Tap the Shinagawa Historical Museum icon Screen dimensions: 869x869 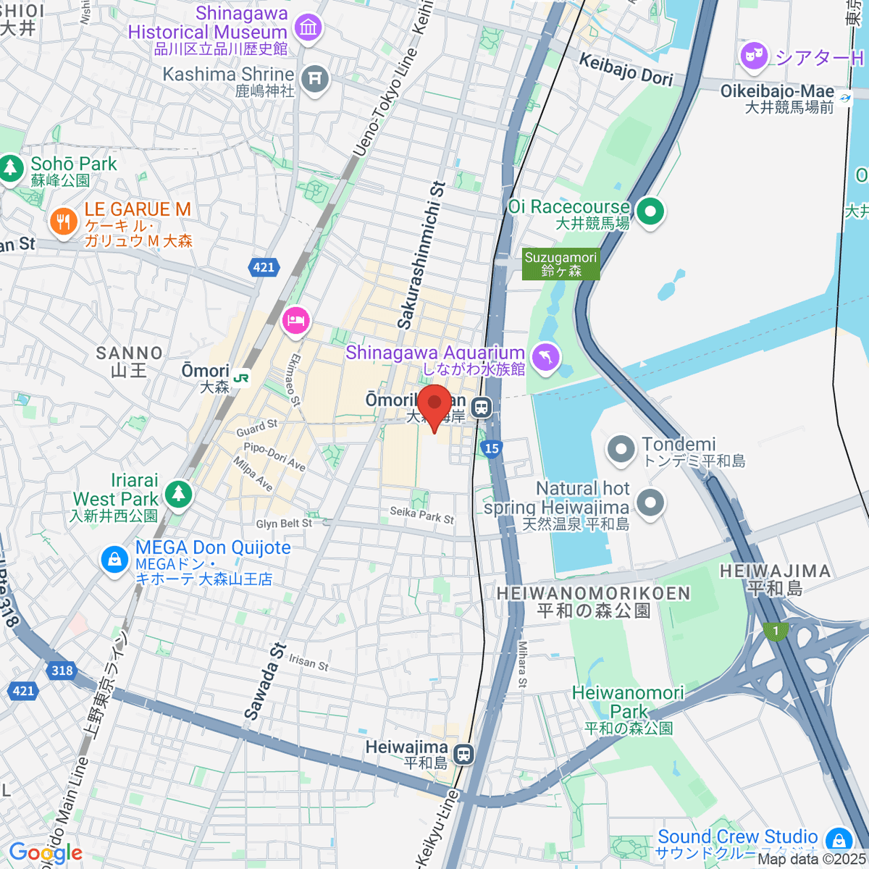pos(309,28)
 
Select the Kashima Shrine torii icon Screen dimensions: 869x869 pos(315,77)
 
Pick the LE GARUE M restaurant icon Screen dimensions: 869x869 pos(64,222)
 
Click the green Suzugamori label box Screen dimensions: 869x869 pos(561,264)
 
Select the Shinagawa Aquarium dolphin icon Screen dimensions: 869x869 pos(546,357)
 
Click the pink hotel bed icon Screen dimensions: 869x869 pos(295,319)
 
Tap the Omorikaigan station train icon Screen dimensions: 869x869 pos(481,408)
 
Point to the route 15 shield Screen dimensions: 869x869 pos(492,449)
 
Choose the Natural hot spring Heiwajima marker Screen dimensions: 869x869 pos(650,502)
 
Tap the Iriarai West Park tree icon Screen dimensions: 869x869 pos(177,495)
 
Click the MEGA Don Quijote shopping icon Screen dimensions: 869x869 pos(114,559)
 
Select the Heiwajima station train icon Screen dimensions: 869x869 pos(463,755)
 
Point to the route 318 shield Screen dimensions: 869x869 pos(62,670)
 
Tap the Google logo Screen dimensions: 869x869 pos(45,853)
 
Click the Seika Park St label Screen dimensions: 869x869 pos(422,515)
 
